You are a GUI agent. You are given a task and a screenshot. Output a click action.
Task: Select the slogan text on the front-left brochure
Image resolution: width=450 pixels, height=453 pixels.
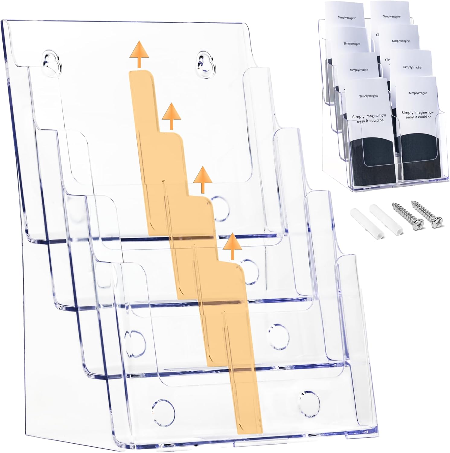369,118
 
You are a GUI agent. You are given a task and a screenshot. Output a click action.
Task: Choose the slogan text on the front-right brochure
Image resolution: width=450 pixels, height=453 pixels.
417,114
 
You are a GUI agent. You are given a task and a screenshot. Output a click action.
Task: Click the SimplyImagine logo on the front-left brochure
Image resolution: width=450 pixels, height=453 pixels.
369,96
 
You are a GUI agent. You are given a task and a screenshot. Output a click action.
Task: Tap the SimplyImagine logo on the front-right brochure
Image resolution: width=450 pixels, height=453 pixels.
418,93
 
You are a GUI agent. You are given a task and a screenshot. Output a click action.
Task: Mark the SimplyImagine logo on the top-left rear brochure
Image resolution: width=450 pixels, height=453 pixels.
346,18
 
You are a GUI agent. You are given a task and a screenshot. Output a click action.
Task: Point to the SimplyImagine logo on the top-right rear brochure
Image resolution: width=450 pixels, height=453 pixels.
391,17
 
